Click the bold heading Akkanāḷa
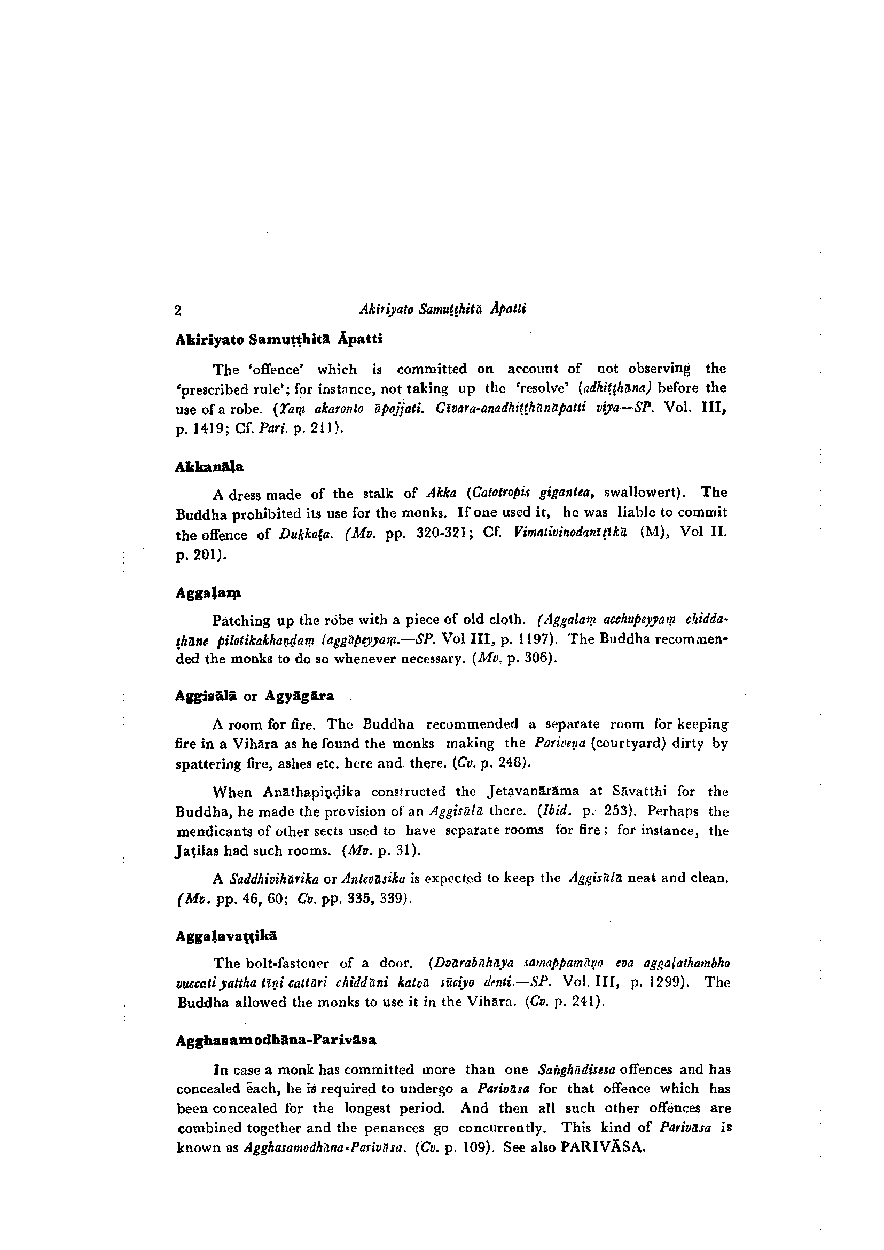(x=202, y=466)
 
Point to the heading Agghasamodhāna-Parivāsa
(x=276, y=1040)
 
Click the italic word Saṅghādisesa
(x=576, y=1069)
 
